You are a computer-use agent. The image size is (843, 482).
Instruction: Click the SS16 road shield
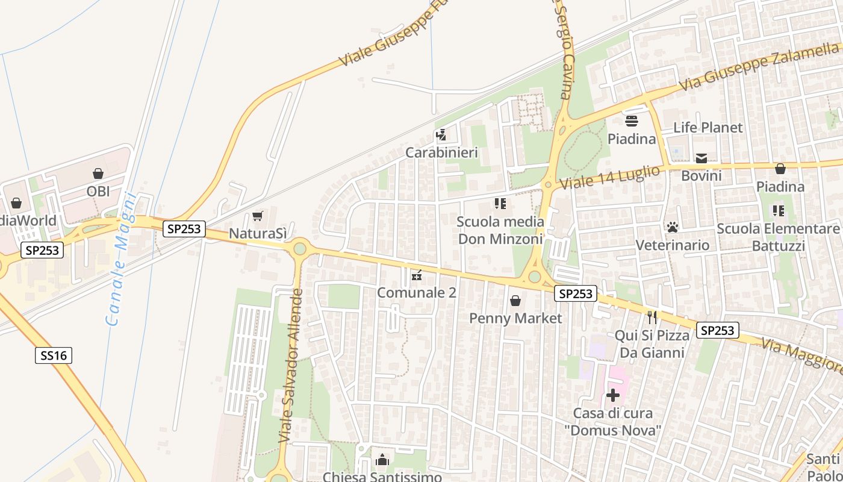coord(54,355)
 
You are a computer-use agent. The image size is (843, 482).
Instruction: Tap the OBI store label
coord(98,191)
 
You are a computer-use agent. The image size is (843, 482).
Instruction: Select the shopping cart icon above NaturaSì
coord(258,216)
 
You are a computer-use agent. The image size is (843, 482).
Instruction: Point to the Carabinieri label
coord(441,152)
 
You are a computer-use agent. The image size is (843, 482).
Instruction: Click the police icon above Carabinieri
coord(441,134)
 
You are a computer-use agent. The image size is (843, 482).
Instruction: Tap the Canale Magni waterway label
coord(121,259)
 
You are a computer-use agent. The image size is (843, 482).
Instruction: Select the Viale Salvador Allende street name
coord(290,366)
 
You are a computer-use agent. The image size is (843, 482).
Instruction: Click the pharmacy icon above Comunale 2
coord(416,275)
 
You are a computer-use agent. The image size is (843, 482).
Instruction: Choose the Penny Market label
coord(515,318)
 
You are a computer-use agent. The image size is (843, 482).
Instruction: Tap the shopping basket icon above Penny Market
coord(515,300)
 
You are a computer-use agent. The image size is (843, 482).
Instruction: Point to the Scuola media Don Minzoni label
coord(500,230)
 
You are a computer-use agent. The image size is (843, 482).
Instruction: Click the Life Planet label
coord(708,128)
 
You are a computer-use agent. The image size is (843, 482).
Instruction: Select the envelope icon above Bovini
coord(701,158)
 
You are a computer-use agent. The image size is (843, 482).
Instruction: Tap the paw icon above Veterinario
coord(673,227)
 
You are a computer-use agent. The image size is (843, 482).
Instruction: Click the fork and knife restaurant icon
coord(652,317)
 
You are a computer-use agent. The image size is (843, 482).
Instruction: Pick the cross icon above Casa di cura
coord(613,395)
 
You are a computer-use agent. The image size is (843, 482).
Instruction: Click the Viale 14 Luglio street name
coord(609,178)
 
